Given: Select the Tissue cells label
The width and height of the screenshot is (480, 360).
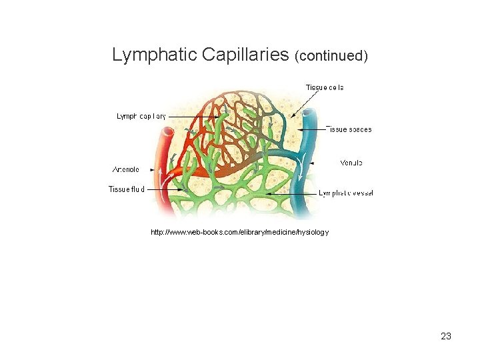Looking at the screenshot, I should [x=325, y=87].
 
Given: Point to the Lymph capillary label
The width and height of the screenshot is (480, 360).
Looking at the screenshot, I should [x=141, y=116].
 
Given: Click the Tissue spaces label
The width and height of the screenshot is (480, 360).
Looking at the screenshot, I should [x=349, y=129].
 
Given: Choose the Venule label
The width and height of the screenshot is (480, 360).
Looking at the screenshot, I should [x=351, y=163].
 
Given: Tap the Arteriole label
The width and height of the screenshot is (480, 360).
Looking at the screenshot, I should [x=126, y=169].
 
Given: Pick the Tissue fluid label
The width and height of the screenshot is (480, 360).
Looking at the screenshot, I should [x=127, y=190].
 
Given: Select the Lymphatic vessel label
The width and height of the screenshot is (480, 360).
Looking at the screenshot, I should [x=346, y=193].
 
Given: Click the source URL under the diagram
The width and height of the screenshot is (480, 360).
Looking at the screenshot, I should [x=239, y=232].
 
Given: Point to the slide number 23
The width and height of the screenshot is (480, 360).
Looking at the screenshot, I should [x=446, y=336].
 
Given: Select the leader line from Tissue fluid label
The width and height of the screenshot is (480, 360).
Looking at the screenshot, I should [x=163, y=190].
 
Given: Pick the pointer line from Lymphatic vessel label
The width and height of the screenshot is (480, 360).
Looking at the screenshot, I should [x=293, y=193].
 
